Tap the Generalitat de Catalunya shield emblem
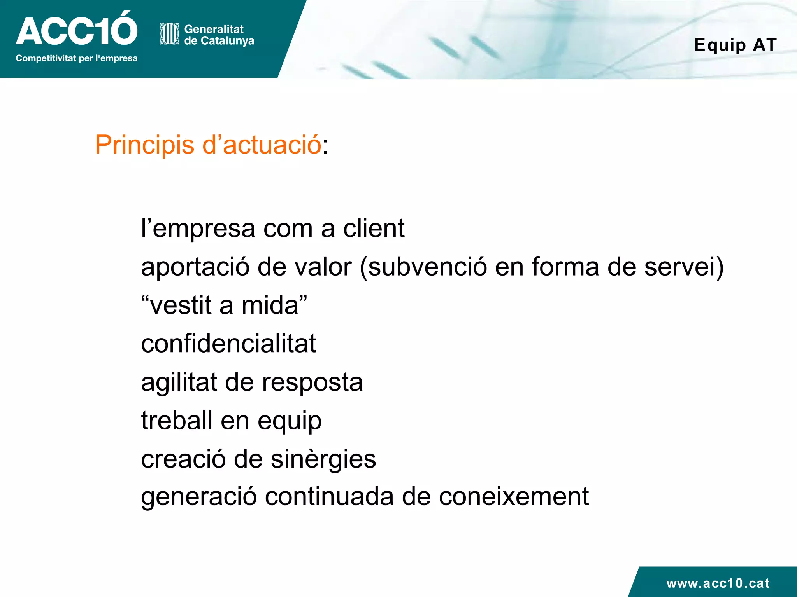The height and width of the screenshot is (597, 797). [x=169, y=34]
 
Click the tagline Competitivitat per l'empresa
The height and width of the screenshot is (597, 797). [x=76, y=58]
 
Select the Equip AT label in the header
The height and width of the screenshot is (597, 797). [x=735, y=45]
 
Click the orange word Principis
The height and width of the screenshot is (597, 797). [x=144, y=145]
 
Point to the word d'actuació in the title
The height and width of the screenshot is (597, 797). [x=262, y=145]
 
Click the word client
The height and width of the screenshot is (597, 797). [x=374, y=228]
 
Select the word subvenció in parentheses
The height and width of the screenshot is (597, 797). [x=427, y=267]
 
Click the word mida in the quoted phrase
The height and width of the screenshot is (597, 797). [x=270, y=305]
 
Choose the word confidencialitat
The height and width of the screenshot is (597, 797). [x=228, y=344]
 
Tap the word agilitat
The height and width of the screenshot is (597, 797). [x=179, y=382]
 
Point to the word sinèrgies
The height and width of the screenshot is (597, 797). [x=323, y=459]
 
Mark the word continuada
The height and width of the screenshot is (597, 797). [x=329, y=497]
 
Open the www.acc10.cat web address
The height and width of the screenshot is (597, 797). [x=718, y=583]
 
